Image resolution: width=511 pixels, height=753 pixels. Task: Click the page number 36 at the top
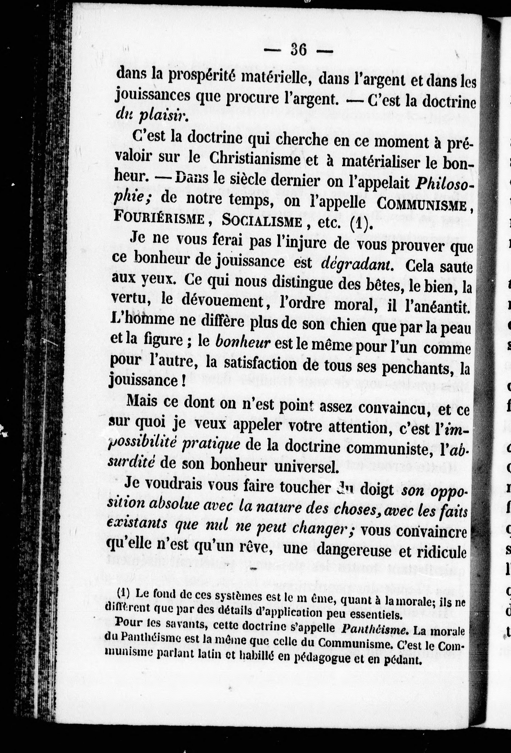point(298,51)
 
